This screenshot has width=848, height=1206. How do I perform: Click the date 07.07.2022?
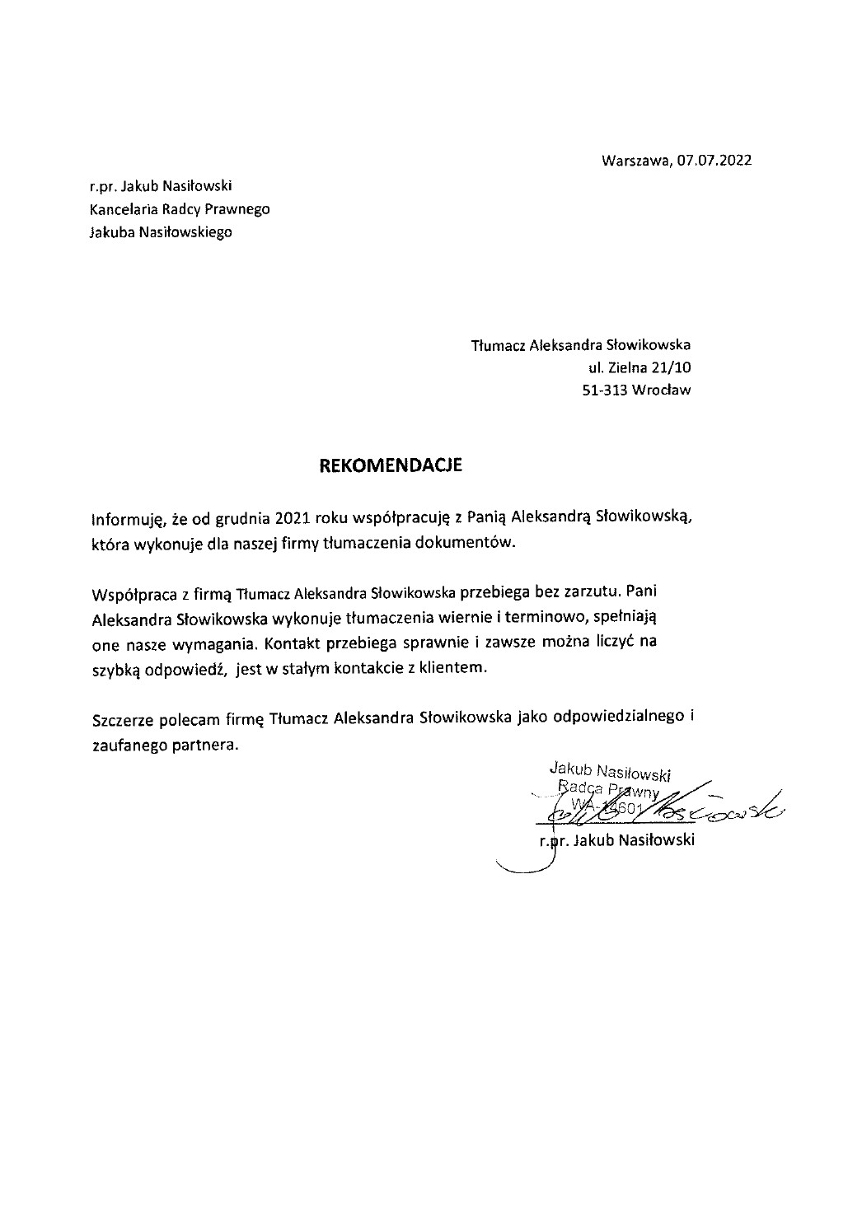(714, 161)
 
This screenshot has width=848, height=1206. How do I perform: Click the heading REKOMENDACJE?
(391, 466)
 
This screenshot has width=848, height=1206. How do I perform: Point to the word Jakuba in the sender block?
(112, 232)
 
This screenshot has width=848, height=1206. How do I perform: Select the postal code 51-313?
(604, 390)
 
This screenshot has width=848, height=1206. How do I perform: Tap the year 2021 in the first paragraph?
(292, 518)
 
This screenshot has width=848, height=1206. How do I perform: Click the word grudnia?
(245, 519)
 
